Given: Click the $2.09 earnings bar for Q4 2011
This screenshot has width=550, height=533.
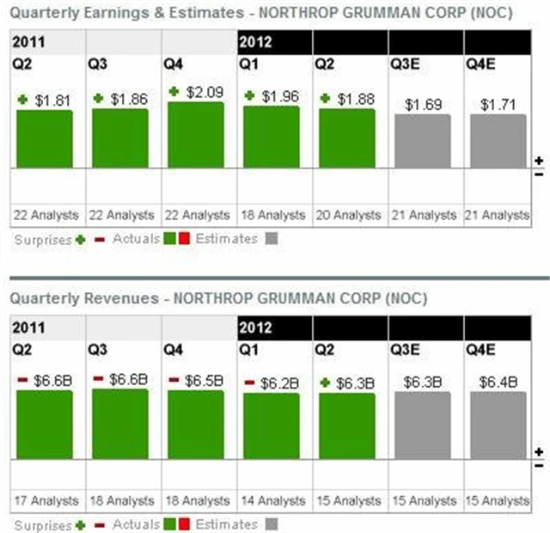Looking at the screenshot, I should (195, 135).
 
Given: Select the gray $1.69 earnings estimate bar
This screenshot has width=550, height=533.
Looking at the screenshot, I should (422, 141).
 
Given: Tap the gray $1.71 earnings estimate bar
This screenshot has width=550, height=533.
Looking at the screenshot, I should (498, 141).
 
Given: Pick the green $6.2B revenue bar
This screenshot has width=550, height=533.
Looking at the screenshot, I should (271, 426).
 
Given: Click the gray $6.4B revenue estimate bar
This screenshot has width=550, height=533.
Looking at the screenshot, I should (498, 426).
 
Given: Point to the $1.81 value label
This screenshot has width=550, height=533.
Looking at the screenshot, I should (53, 100).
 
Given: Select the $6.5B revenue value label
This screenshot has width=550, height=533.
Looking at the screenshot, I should (205, 380).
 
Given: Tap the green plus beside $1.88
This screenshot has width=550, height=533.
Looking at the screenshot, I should (326, 98).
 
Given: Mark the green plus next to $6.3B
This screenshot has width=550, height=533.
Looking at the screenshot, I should (326, 383).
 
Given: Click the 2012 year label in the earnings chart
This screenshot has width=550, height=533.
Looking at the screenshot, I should (257, 40).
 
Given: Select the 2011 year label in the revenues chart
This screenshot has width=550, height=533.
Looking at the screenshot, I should (29, 328).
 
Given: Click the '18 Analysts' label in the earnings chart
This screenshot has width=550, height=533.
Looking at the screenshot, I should (271, 215).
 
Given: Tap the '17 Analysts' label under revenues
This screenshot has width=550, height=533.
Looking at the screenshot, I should (44, 500).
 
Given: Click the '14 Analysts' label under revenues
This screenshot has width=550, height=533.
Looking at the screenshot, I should (271, 500).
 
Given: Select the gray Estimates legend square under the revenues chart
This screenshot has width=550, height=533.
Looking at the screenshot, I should (272, 524).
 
